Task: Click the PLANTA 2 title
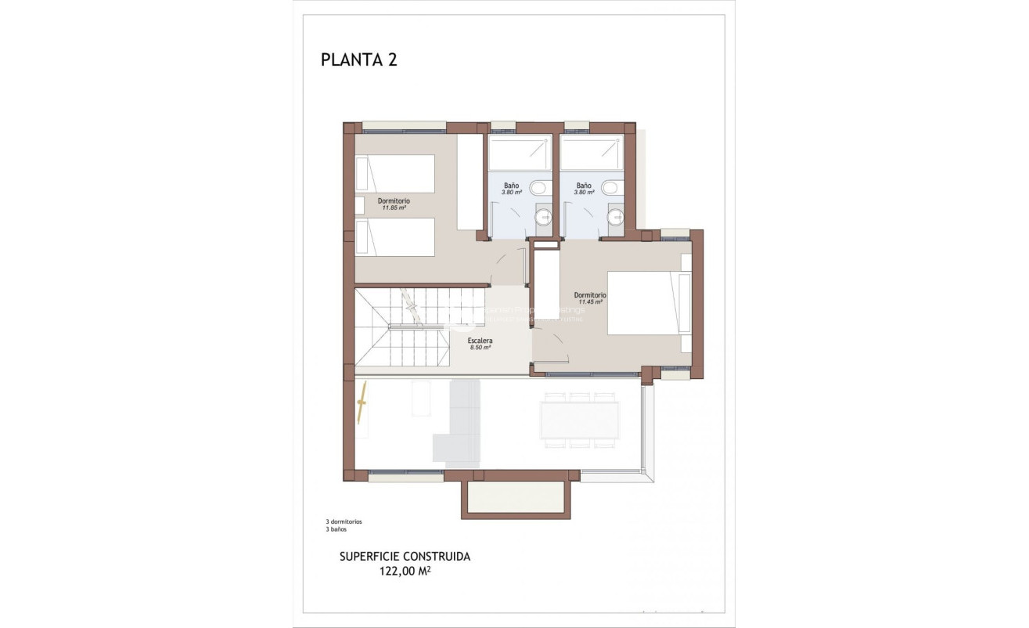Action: click(358, 60)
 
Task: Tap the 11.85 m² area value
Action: click(394, 208)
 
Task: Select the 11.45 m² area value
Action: click(590, 301)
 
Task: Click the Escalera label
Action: click(480, 341)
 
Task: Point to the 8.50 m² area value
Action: click(480, 348)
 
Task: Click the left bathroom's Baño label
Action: click(511, 186)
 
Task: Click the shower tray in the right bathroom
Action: click(592, 153)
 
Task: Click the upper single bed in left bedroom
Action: click(395, 173)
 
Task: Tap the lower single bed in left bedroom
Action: click(395, 236)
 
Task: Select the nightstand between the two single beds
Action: click(359, 205)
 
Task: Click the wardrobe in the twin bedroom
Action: click(470, 182)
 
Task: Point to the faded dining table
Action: click(580, 420)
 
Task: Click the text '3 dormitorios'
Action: click(344, 522)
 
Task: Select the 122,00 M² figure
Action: click(405, 572)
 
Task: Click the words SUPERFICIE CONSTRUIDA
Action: click(405, 557)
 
